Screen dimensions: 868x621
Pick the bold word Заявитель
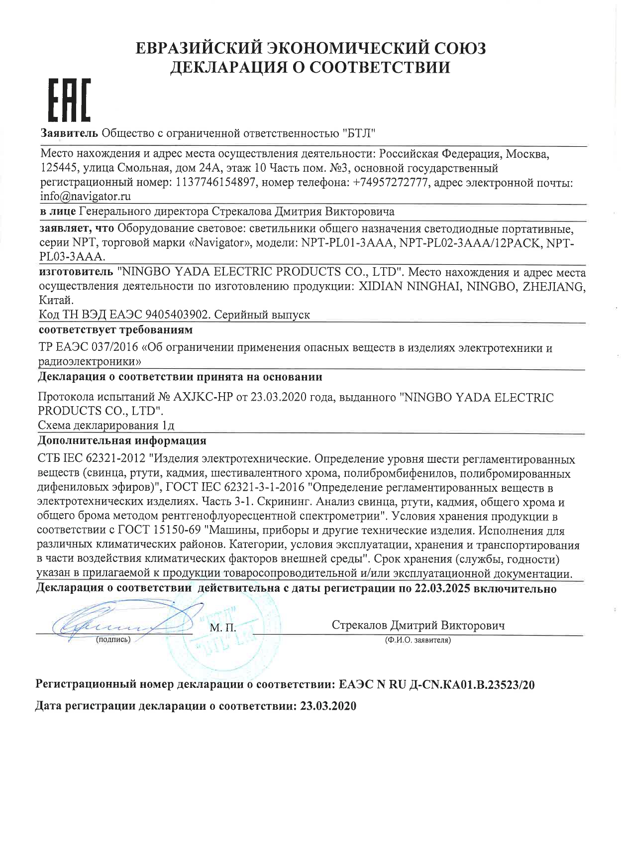click(69, 133)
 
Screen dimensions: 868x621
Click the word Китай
click(56, 301)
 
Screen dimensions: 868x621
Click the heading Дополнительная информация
click(122, 441)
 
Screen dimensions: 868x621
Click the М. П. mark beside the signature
click(222, 628)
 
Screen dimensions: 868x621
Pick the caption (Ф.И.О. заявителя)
click(418, 640)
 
